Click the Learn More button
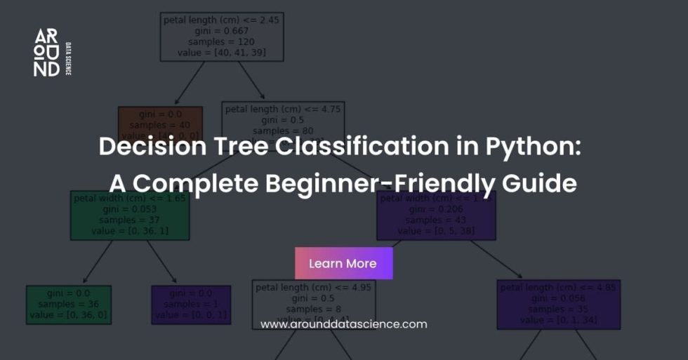pos(343,263)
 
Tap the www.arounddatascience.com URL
pos(343,324)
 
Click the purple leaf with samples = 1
pos(191,305)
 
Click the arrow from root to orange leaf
pos(189,82)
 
